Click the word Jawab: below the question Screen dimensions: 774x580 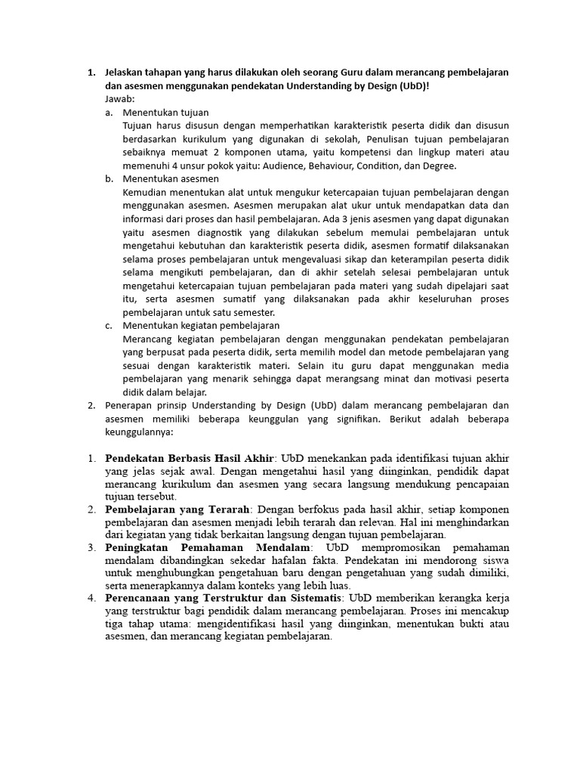coord(119,98)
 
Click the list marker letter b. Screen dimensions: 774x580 coord(109,179)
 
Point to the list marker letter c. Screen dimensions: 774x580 coord(109,326)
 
